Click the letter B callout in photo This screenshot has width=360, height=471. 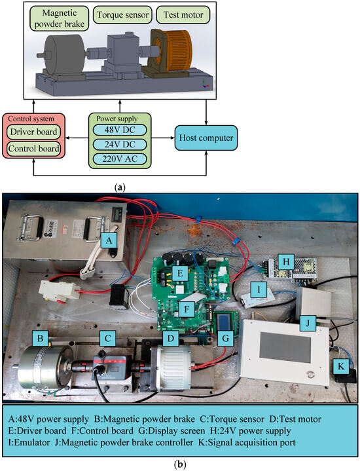point(41,338)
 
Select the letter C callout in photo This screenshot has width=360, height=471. point(104,338)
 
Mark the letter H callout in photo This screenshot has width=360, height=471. point(284,259)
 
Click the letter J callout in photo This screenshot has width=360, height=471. point(306,321)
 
